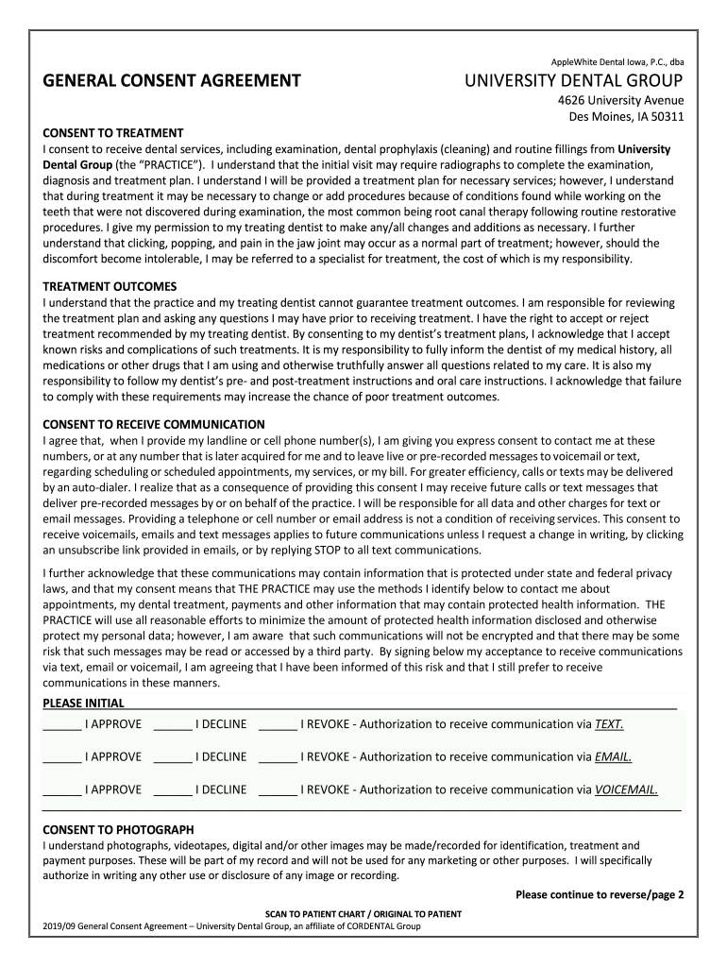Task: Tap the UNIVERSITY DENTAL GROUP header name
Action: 574,81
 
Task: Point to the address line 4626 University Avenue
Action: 620,101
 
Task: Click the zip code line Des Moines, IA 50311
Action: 625,117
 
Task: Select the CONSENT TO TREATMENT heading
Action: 113,133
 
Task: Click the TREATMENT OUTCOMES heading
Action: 110,286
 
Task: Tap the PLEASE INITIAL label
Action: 84,703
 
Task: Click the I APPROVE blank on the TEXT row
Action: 62,725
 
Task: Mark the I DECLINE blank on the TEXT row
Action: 173,725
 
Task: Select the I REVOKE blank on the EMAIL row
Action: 278,757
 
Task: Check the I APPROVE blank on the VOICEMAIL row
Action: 62,790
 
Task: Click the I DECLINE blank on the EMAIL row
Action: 173,757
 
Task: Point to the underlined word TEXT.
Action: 609,724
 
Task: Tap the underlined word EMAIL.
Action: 613,756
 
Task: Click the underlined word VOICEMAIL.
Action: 626,789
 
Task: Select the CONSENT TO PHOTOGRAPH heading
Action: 118,829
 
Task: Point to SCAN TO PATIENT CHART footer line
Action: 363,914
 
